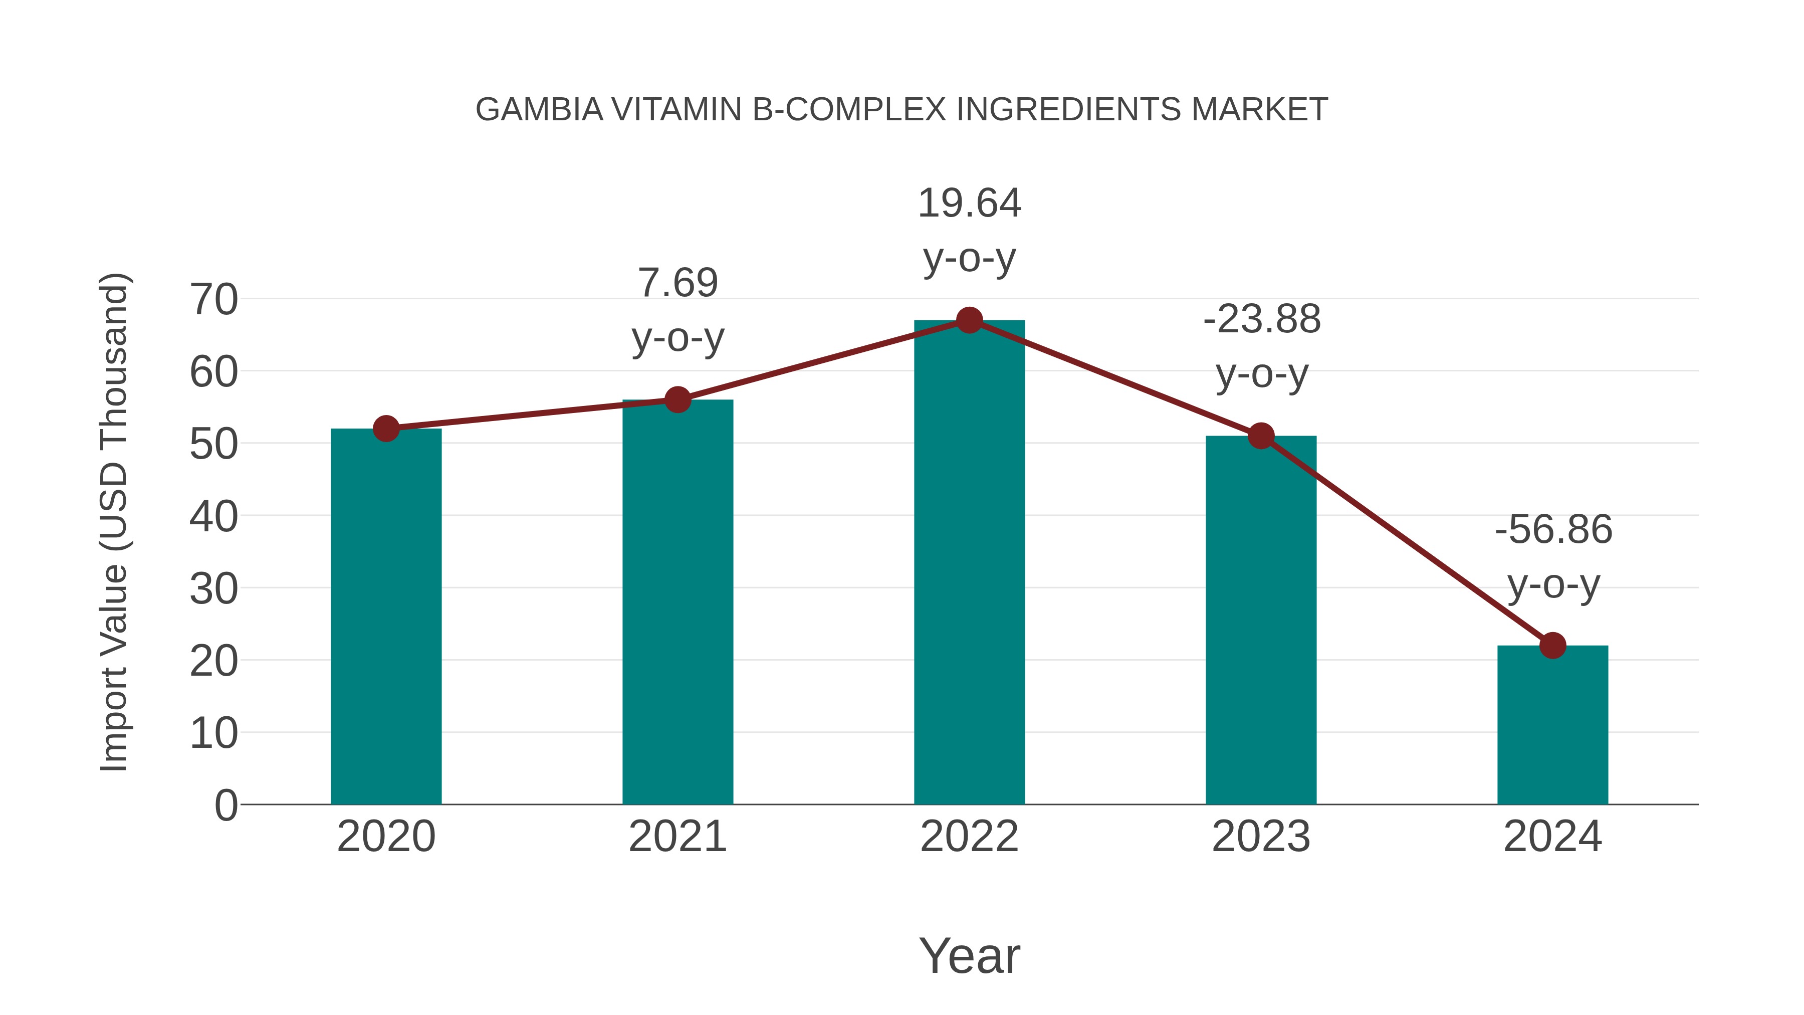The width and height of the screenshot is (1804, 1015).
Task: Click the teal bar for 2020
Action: [386, 617]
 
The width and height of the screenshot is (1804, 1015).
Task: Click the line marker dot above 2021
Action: [677, 400]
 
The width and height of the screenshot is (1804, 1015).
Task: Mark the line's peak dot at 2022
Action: [969, 320]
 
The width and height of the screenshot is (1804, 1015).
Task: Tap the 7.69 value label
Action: [677, 283]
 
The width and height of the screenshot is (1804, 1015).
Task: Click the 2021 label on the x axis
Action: [677, 837]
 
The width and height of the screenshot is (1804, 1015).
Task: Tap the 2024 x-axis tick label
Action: [1552, 837]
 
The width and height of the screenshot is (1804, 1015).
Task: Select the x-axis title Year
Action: [969, 955]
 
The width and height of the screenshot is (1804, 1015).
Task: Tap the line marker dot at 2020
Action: [386, 429]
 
